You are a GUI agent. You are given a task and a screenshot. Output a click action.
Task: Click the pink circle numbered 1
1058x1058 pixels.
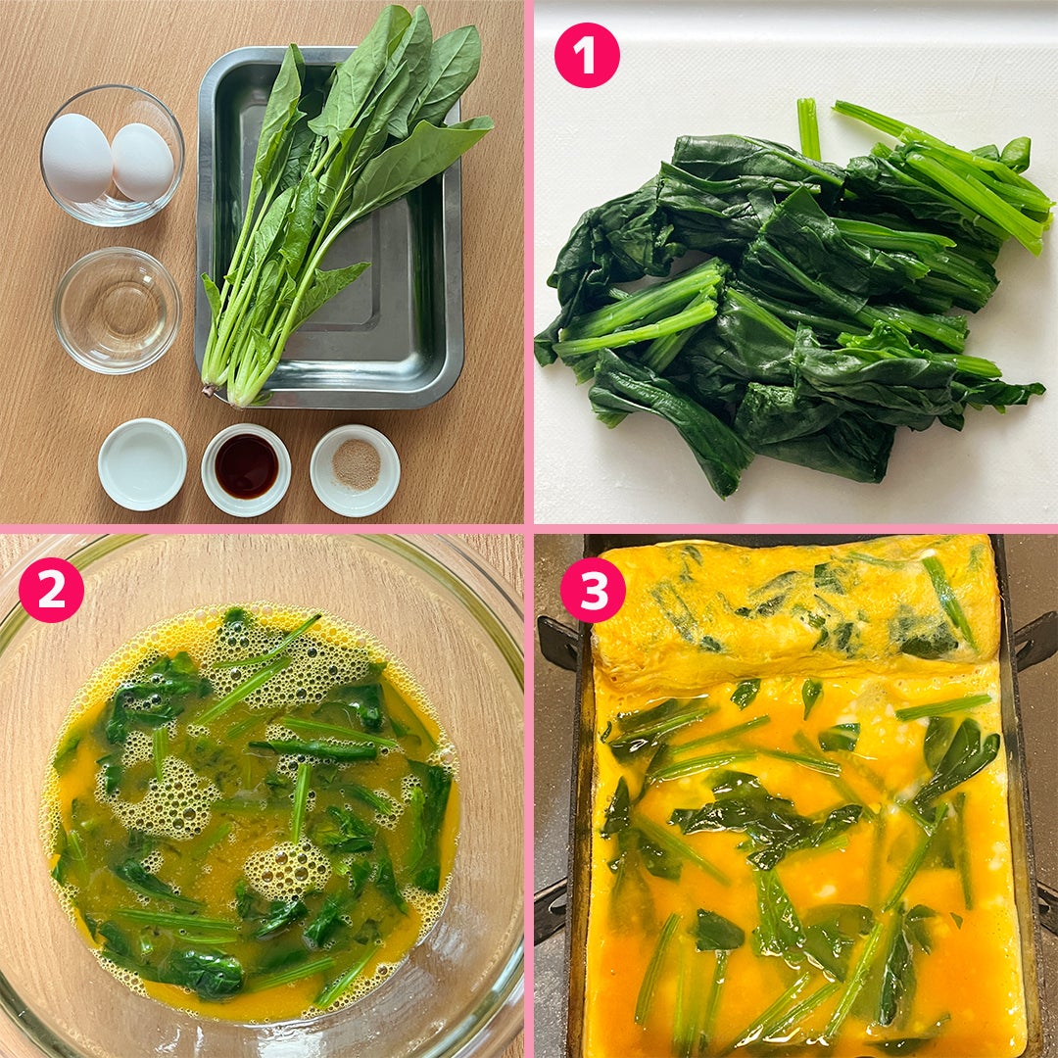click(x=587, y=55)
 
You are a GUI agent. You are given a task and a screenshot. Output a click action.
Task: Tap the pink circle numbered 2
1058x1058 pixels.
click(x=51, y=590)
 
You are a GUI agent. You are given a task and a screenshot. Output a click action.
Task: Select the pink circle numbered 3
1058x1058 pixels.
click(x=593, y=590)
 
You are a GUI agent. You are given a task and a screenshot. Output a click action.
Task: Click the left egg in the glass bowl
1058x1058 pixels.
click(x=76, y=158)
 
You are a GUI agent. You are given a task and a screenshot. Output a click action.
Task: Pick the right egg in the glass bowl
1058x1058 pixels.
click(x=142, y=162)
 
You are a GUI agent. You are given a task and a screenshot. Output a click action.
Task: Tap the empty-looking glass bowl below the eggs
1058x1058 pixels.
click(x=117, y=311)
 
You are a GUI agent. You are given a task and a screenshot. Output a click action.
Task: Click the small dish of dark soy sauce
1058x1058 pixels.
click(x=246, y=469)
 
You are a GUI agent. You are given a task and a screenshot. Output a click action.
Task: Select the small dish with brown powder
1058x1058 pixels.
click(x=356, y=469)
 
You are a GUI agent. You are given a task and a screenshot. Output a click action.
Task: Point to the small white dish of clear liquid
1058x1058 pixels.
click(x=142, y=464)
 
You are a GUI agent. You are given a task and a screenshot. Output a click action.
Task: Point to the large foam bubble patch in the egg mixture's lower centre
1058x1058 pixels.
click(x=288, y=868)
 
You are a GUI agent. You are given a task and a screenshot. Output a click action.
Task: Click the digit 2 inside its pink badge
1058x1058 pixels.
click(x=51, y=590)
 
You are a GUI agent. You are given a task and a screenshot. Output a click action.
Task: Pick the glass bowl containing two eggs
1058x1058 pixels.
click(x=112, y=155)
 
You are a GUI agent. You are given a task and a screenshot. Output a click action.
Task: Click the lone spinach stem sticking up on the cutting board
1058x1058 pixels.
click(x=808, y=128)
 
